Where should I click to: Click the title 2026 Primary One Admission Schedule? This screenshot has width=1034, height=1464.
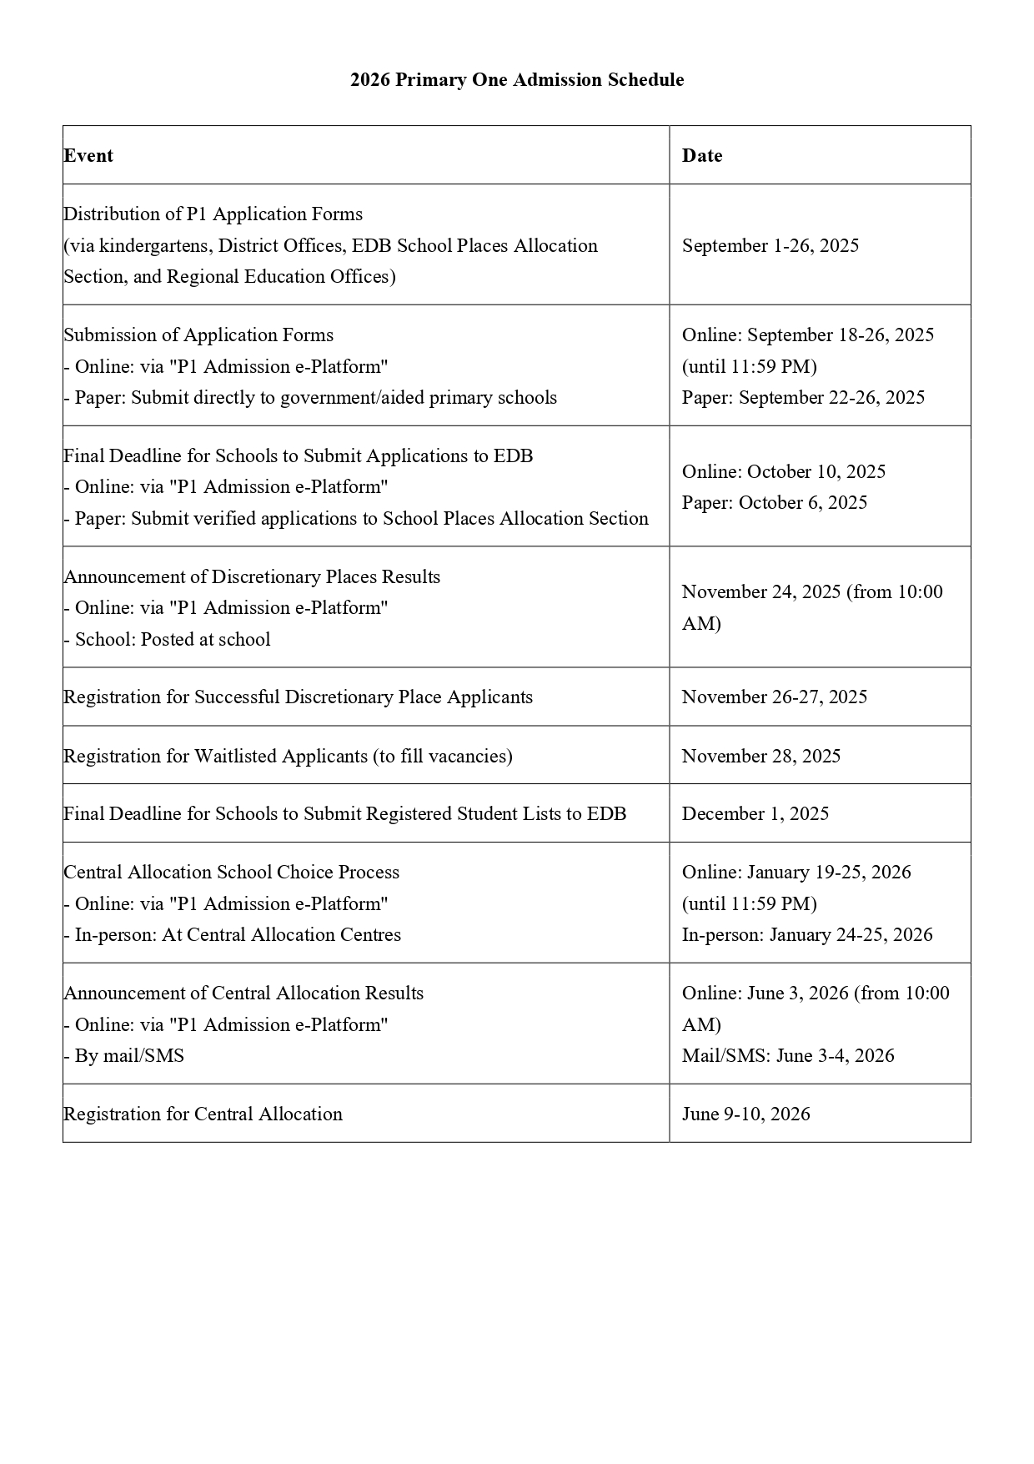[x=517, y=80]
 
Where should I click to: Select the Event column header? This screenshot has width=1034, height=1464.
[x=88, y=156]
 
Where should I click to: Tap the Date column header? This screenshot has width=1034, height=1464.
[x=702, y=156]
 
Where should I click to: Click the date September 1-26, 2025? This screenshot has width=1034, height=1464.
[x=770, y=246]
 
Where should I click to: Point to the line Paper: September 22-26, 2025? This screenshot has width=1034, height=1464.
[x=803, y=398]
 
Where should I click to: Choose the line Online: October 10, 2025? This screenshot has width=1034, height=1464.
[x=784, y=472]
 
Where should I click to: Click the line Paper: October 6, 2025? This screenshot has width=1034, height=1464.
[x=775, y=503]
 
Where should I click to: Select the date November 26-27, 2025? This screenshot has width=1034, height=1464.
[x=775, y=697]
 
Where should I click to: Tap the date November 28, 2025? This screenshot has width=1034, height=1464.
[x=761, y=757]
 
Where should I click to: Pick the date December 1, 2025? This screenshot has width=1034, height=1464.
[x=755, y=814]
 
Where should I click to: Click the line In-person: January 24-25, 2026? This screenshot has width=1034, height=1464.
[x=807, y=935]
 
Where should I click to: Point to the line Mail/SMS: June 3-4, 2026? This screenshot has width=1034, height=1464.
[x=788, y=1056]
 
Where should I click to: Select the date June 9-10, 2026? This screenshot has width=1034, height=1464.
[x=746, y=1114]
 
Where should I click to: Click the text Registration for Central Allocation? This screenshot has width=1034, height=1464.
[x=203, y=1114]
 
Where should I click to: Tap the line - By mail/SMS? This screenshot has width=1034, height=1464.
[x=124, y=1056]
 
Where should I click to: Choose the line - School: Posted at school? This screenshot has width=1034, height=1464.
[x=168, y=640]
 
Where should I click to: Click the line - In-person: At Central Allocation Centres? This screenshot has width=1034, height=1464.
[x=233, y=935]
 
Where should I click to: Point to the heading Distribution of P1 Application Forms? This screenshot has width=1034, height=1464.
[x=213, y=214]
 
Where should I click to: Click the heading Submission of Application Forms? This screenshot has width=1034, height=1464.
[x=198, y=335]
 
